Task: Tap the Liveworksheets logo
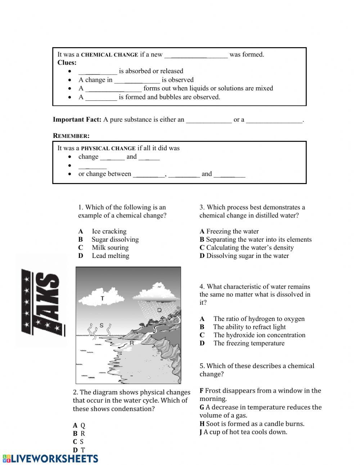pos(50,458)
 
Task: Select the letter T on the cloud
pos(103,298)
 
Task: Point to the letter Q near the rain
pos(159,310)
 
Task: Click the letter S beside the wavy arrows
pos(102,326)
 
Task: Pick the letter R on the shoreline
pos(132,343)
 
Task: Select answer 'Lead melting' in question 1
pos(110,256)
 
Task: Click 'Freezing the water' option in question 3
pos(232,231)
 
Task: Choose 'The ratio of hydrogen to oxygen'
pos(258,319)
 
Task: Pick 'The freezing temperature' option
pos(248,343)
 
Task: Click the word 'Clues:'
pos(67,63)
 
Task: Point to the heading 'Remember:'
pos(71,136)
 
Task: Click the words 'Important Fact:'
pos(77,120)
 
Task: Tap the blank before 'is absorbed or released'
pos(98,71)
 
